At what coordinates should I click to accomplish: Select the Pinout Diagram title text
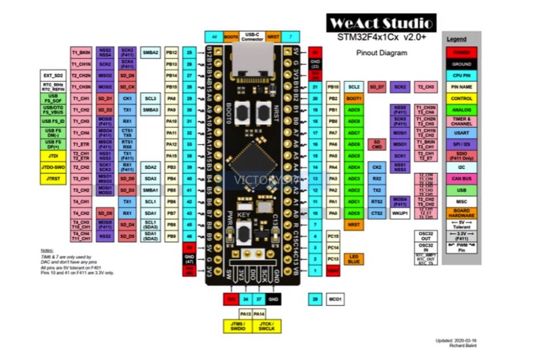pos(382,53)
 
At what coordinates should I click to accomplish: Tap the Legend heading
pos(456,39)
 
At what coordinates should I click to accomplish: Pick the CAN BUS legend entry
pos(461,179)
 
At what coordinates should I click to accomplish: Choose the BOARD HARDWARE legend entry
pos(461,213)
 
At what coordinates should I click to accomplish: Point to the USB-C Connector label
pos(253,36)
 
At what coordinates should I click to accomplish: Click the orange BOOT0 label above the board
pos(231,36)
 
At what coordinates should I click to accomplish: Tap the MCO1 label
pos(335,299)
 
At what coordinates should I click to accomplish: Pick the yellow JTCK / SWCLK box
pos(266,326)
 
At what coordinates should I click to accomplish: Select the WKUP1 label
pos(400,213)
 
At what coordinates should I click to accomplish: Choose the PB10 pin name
pos(333,87)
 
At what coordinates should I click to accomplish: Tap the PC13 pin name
pos(333,259)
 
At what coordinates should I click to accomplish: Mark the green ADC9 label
pos(354,110)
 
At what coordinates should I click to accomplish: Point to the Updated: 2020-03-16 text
pos(456,340)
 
